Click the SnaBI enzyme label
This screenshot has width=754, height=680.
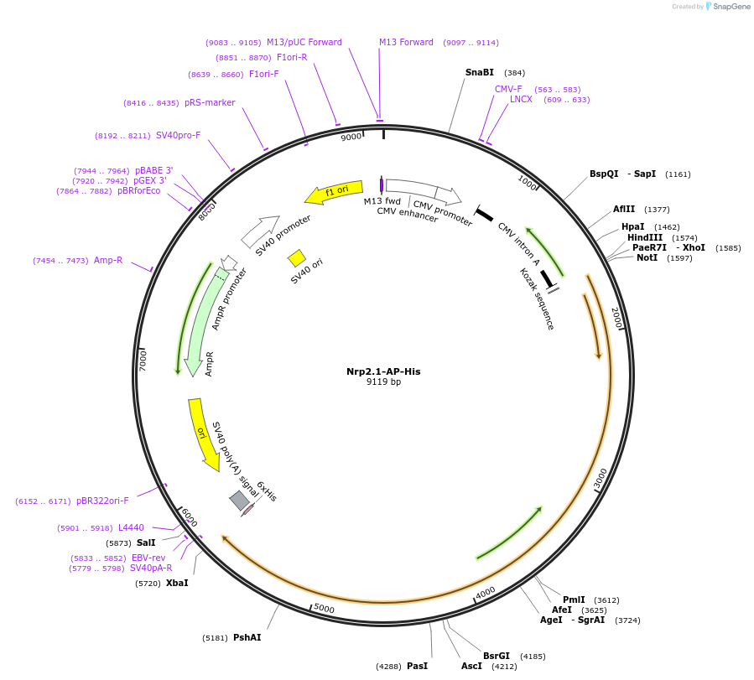coord(480,73)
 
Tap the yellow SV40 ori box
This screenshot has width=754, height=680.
coord(296,257)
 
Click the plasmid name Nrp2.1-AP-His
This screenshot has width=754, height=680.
coord(383,371)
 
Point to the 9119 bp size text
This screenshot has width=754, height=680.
coord(383,382)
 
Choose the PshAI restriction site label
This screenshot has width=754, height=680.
coord(247,638)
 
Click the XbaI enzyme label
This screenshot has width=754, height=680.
coord(177,583)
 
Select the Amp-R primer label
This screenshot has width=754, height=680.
coord(108,261)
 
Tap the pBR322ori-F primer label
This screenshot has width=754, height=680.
coord(102,501)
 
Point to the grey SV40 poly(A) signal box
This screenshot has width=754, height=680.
coord(240,501)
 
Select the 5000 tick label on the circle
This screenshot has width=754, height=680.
coord(324,609)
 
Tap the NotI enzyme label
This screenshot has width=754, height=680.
coord(647,257)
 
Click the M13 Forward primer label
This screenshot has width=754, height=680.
coord(406,43)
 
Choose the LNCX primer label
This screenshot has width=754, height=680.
coord(521,100)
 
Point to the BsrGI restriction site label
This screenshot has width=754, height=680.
coord(497,656)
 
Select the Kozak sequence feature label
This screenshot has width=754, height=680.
coord(537,299)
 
